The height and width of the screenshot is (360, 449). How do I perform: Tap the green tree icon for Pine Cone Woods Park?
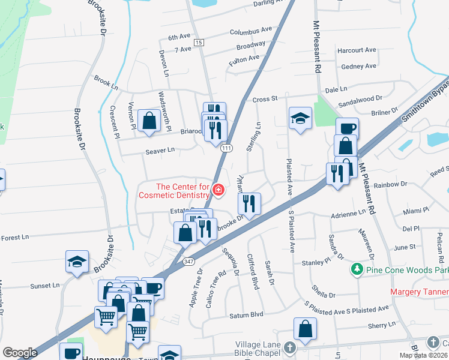point(357,268)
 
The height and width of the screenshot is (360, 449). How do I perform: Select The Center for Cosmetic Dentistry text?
point(174,191)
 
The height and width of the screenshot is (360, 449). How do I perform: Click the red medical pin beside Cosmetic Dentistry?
point(218,191)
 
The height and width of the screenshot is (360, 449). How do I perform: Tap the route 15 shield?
point(199,42)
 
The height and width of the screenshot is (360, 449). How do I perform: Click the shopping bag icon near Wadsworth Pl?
point(148,121)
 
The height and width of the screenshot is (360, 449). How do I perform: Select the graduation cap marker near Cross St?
point(300,118)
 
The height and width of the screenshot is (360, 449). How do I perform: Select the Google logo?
point(20,353)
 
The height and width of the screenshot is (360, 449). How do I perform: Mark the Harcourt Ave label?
point(357,50)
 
